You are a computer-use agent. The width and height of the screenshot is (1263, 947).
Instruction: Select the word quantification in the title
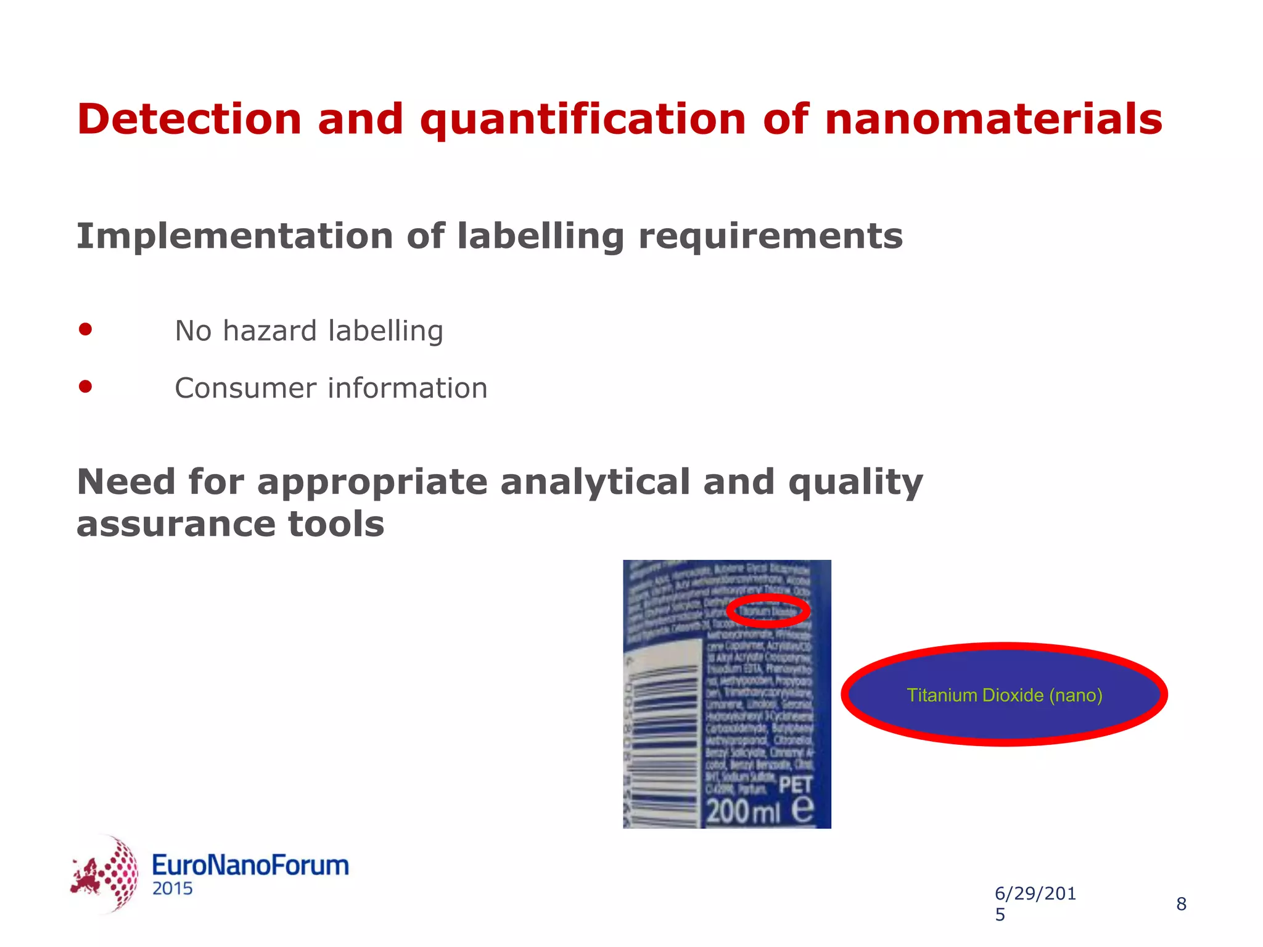tap(583, 120)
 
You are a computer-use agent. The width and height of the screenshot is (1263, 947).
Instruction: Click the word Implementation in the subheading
tap(234, 236)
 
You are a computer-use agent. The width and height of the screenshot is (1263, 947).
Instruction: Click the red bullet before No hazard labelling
tap(86, 329)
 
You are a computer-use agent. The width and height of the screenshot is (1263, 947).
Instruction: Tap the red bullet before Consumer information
tap(86, 387)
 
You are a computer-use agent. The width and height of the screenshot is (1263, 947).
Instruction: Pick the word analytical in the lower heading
tap(595, 482)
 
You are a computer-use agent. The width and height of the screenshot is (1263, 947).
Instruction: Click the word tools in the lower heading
tap(336, 524)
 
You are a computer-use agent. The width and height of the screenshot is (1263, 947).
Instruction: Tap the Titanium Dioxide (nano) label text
tap(1004, 695)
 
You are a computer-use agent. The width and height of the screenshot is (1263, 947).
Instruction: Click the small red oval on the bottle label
tap(768, 611)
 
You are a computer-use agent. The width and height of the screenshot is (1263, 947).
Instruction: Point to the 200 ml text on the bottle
tap(743, 811)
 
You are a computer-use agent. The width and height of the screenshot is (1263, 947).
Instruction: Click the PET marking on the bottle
tap(795, 785)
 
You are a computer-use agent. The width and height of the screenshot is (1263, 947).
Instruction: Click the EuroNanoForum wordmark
tap(250, 865)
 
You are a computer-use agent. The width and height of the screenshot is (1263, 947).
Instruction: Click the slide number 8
tap(1181, 904)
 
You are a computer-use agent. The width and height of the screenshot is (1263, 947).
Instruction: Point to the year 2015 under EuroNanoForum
tap(173, 889)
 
